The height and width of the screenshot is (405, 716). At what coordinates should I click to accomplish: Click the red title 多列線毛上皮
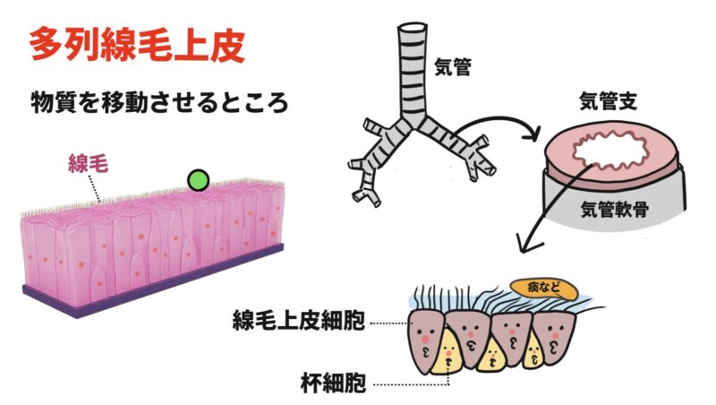pyautogui.click(x=137, y=46)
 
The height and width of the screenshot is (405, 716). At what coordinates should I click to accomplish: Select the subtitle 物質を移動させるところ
pyautogui.click(x=159, y=102)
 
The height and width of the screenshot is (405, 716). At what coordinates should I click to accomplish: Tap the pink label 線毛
pyautogui.click(x=88, y=163)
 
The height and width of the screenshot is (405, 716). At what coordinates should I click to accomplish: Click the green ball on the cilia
pyautogui.click(x=198, y=180)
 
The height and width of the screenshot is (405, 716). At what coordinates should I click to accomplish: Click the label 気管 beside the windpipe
pyautogui.click(x=452, y=67)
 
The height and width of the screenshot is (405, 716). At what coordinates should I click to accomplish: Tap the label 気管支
pyautogui.click(x=608, y=101)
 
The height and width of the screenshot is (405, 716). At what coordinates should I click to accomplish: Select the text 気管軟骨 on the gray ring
pyautogui.click(x=615, y=210)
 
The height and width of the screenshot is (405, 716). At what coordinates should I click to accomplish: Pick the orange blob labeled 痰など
pyautogui.click(x=544, y=289)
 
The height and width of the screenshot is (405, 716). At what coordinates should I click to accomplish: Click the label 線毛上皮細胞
pyautogui.click(x=299, y=320)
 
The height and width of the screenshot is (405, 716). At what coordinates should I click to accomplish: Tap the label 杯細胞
pyautogui.click(x=333, y=383)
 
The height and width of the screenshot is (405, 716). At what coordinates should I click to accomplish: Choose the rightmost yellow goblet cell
pyautogui.click(x=533, y=352)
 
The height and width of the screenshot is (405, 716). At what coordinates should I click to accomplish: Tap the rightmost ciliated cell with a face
pyautogui.click(x=553, y=336)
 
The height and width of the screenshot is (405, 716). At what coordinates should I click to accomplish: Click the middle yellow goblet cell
pyautogui.click(x=492, y=357)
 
